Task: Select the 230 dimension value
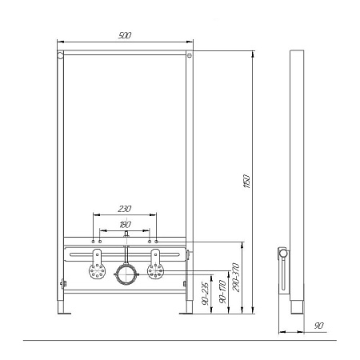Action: pos(124,208)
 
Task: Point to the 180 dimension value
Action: pos(124,226)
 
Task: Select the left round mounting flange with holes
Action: pos(97,270)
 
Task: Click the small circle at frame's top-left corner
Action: pos(61,57)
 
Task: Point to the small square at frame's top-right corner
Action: pos(189,57)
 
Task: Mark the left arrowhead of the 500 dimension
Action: pos(59,42)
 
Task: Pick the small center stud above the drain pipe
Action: pos(125,238)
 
